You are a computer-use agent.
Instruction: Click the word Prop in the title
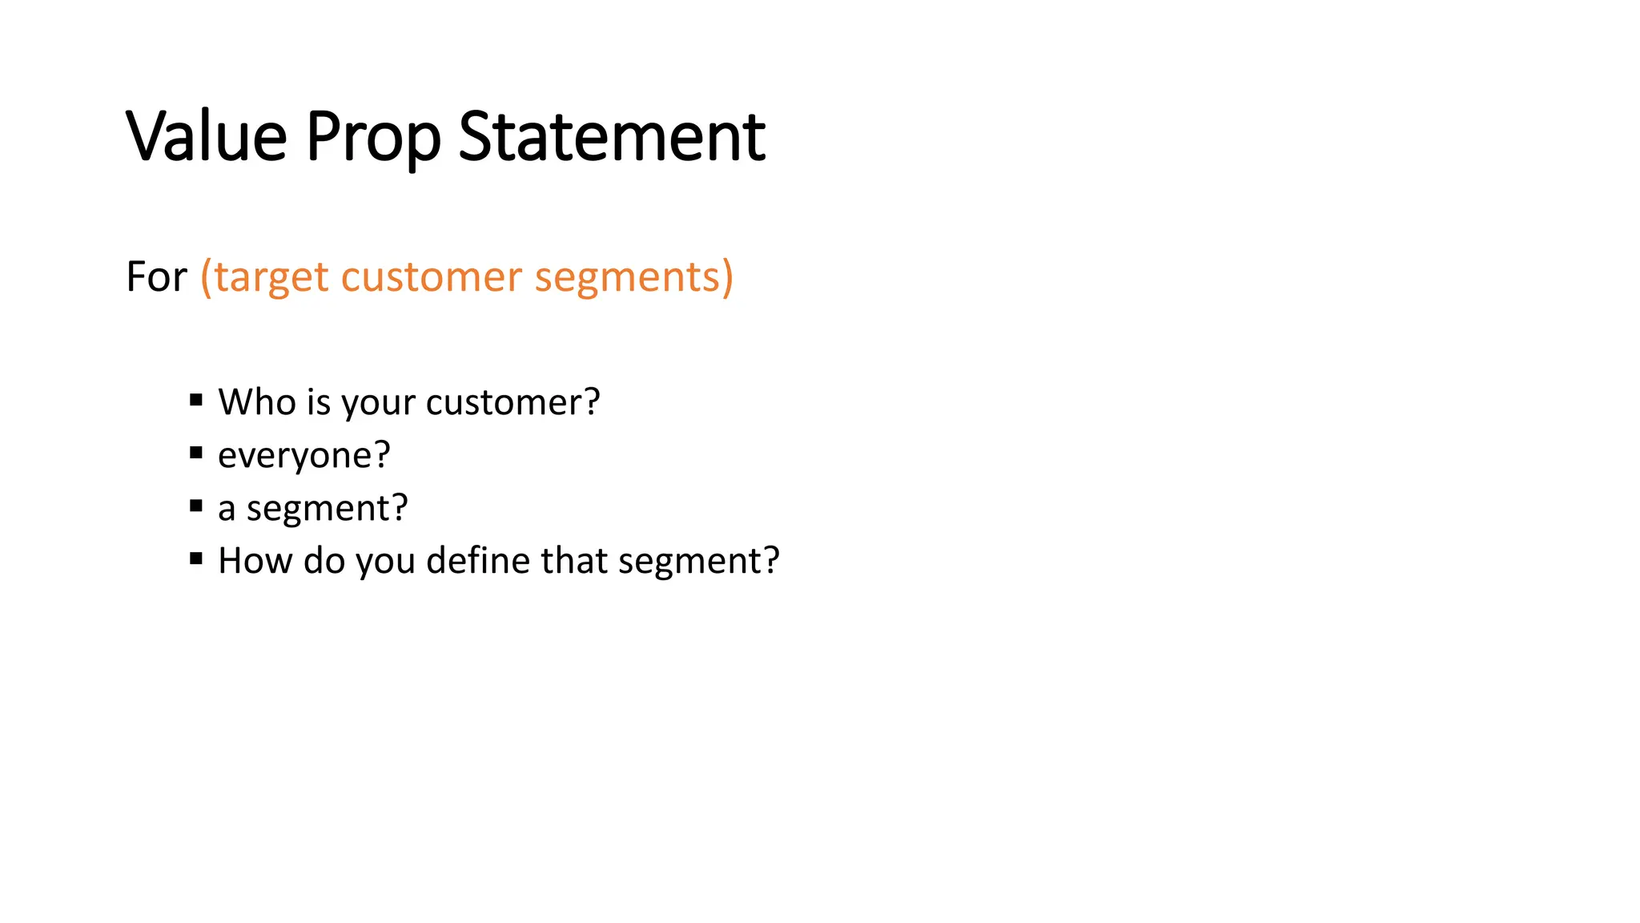373,138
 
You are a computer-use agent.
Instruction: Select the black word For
156,277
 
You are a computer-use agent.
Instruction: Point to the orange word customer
431,277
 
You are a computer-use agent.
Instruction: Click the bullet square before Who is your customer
196,400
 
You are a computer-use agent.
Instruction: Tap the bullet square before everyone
196,453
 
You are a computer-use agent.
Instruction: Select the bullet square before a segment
196,506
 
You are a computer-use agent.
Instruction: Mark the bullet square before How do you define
196,558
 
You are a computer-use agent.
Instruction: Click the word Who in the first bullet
257,401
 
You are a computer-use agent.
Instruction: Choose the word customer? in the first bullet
512,402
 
